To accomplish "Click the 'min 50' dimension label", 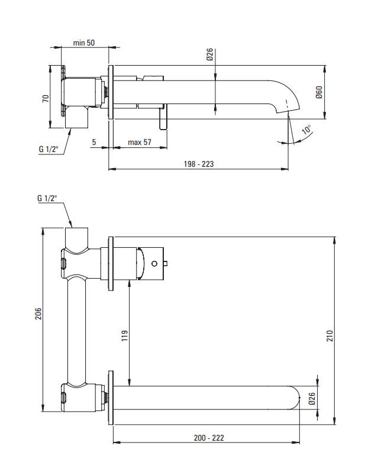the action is pyautogui.click(x=83, y=43).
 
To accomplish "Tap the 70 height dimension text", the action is pyautogui.click(x=46, y=98).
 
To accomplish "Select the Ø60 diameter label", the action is pyautogui.click(x=319, y=92).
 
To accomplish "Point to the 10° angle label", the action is pyautogui.click(x=306, y=130).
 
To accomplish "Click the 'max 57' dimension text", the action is pyautogui.click(x=140, y=142).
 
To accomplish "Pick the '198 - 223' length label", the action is pyautogui.click(x=199, y=164).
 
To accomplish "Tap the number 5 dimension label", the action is pyautogui.click(x=94, y=142).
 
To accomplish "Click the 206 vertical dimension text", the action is pyautogui.click(x=38, y=314).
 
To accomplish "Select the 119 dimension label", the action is pyautogui.click(x=125, y=335).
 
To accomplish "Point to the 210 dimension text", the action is pyautogui.click(x=330, y=336).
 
